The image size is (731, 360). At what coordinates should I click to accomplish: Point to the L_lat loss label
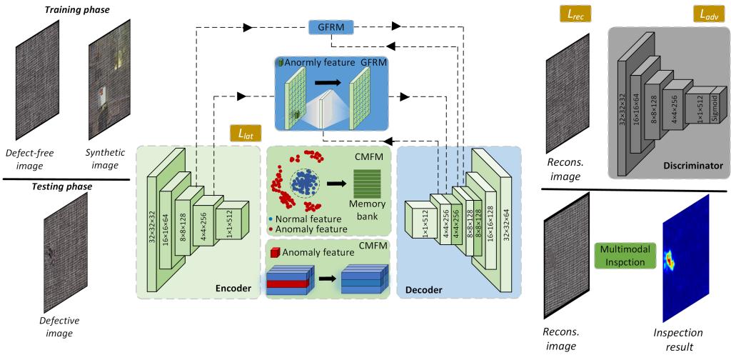click(245, 133)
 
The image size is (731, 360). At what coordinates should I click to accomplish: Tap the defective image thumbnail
click(60, 254)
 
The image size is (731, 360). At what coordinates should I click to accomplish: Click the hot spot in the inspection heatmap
click(672, 259)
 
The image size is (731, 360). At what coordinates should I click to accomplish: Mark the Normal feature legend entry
click(299, 218)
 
